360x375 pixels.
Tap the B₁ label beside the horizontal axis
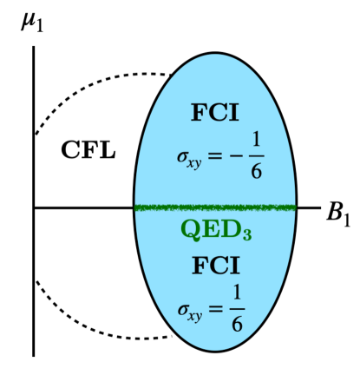tap(339, 211)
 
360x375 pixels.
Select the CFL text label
tap(88, 150)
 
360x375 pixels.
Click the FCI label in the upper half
tap(214, 113)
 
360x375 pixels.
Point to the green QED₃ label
tap(216, 231)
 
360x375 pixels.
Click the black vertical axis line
tap(33, 260)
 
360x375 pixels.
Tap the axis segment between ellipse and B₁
tap(309, 207)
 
